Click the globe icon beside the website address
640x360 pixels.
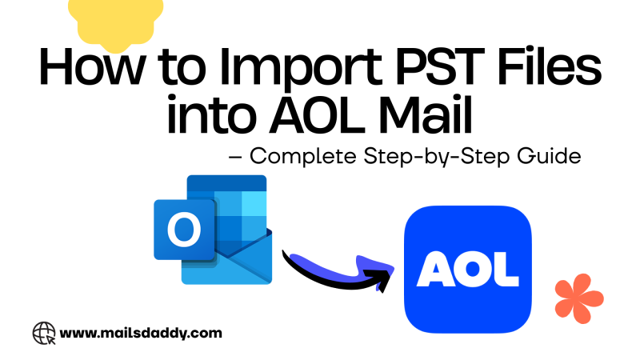coord(43,332)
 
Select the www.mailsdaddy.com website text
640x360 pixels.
coord(140,332)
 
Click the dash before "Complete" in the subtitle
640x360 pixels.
coord(235,158)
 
